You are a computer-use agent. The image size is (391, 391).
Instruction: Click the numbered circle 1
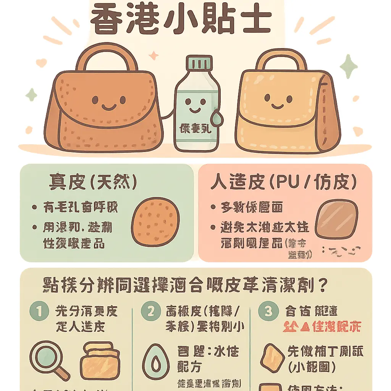(40, 312)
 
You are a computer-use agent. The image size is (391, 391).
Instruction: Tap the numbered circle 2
(150, 312)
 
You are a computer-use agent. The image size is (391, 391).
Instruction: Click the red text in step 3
(322, 327)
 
